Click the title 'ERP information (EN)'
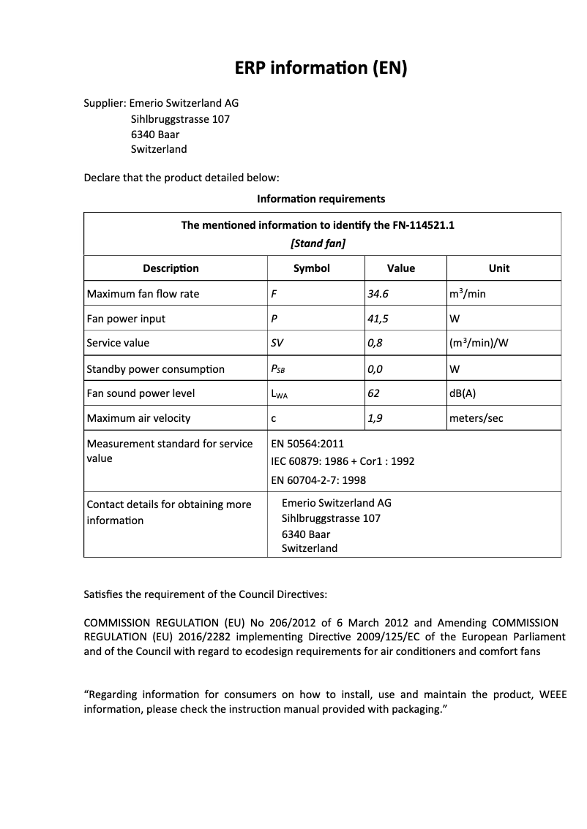pyautogui.click(x=321, y=68)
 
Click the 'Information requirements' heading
pyautogui.click(x=321, y=199)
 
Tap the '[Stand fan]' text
pyautogui.click(x=318, y=243)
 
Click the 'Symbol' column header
pyautogui.click(x=312, y=268)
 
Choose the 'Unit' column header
pyautogui.click(x=499, y=268)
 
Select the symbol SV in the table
pyautogui.click(x=277, y=344)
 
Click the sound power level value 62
pyautogui.click(x=374, y=393)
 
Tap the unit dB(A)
pyautogui.click(x=463, y=393)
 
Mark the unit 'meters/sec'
pyautogui.click(x=476, y=418)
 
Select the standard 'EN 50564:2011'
pyautogui.click(x=307, y=444)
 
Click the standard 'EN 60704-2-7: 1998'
pyautogui.click(x=318, y=480)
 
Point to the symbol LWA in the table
pyautogui.click(x=280, y=394)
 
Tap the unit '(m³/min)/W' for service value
pyautogui.click(x=479, y=344)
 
